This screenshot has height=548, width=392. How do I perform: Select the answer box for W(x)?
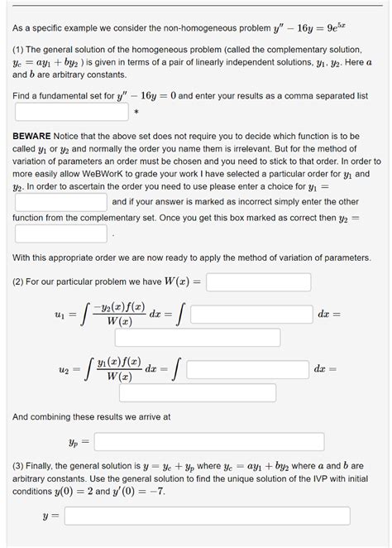(x=258, y=283)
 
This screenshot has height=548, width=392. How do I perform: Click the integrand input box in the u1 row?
(x=250, y=315)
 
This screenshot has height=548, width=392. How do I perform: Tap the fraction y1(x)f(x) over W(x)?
(x=120, y=369)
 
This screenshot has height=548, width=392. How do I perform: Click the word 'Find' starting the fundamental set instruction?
(x=23, y=96)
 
